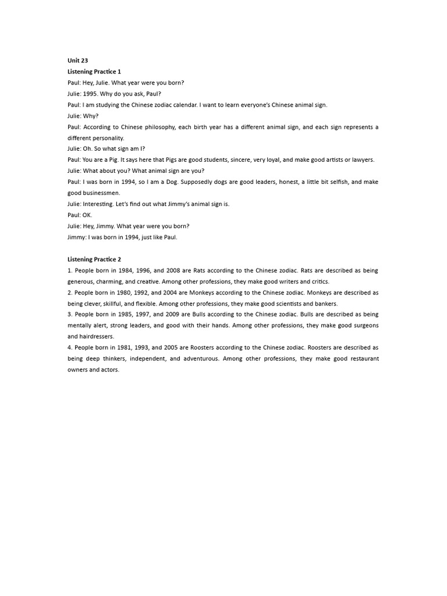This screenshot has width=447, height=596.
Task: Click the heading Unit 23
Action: [x=77, y=60]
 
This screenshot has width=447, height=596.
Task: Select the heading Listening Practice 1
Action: [x=94, y=71]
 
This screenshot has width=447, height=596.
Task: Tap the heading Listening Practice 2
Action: [x=94, y=259]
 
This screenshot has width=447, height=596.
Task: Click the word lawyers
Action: [x=361, y=159]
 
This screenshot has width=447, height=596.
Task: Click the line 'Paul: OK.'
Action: [x=80, y=215]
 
